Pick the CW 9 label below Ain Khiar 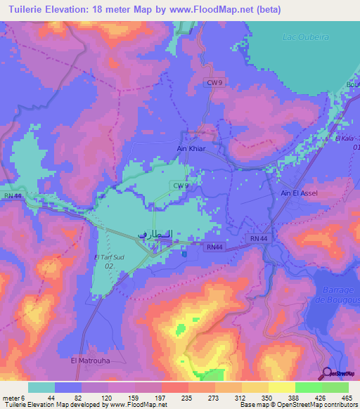(181, 185)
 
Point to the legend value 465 (346, 397)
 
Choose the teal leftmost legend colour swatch (41, 387)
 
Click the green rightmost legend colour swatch (335, 387)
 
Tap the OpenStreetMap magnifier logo (328, 373)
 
